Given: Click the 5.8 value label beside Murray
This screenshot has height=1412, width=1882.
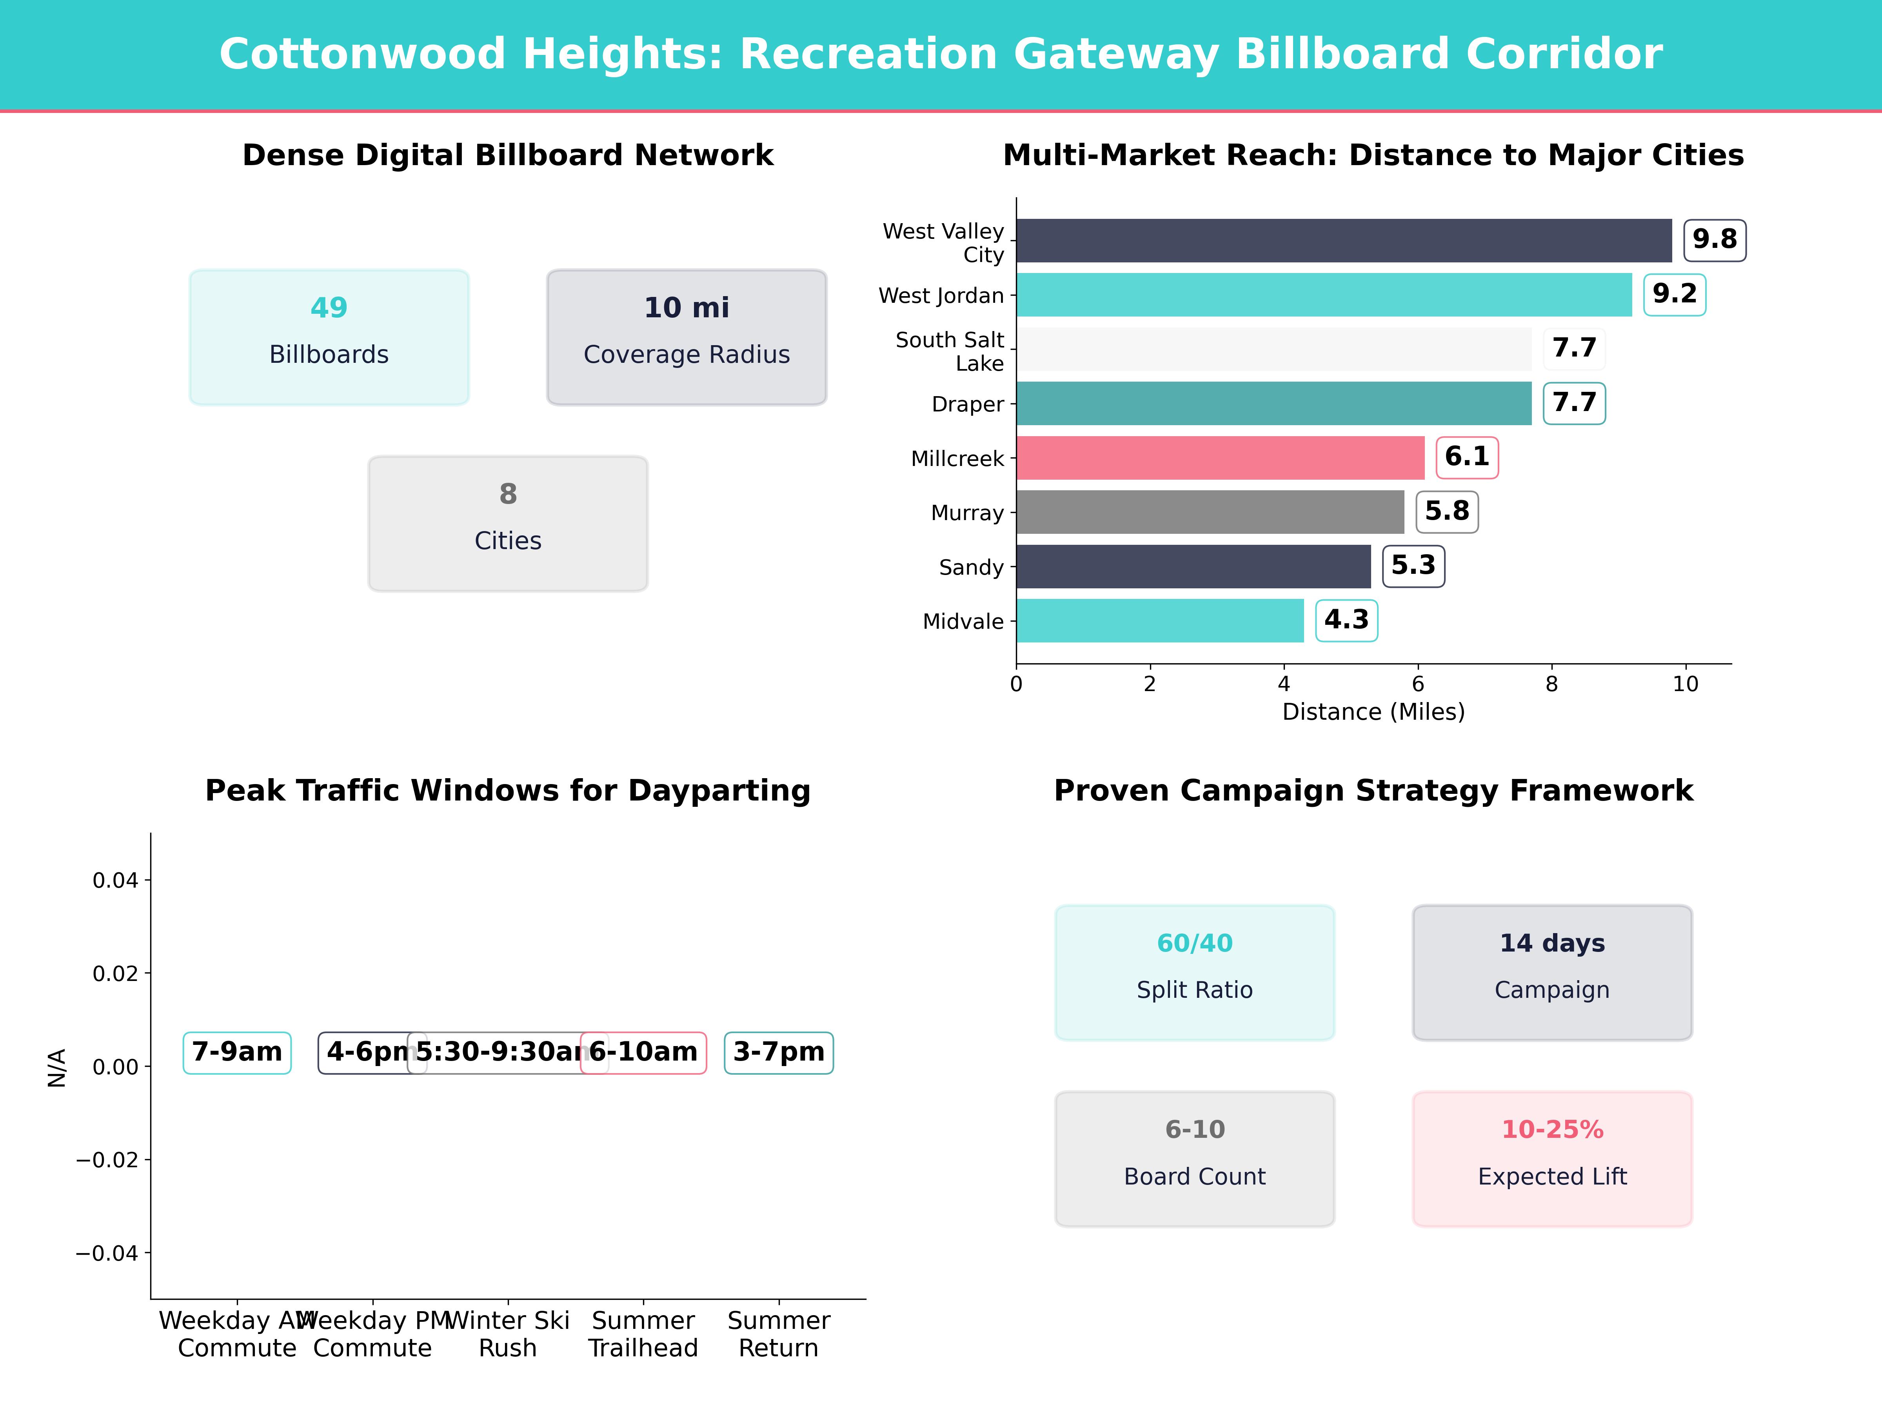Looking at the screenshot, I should pos(1446,511).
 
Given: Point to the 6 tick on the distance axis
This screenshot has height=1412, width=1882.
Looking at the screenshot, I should pos(1417,684).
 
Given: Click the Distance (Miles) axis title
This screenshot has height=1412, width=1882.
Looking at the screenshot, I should pos(1373,711).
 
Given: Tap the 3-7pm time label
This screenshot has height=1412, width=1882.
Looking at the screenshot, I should pos(779,1052).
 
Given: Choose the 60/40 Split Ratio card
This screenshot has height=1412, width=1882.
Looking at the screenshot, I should pos(1195,972).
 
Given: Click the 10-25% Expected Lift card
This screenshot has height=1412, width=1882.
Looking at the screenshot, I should pos(1552,1158).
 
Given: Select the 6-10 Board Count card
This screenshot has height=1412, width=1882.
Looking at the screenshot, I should pos(1195,1158).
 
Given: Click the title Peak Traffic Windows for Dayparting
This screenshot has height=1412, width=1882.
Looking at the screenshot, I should pos(508,791).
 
